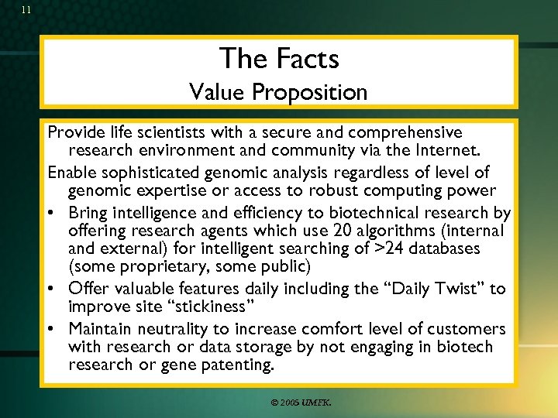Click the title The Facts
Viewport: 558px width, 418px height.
(279, 58)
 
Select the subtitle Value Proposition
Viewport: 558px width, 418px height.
(279, 92)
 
